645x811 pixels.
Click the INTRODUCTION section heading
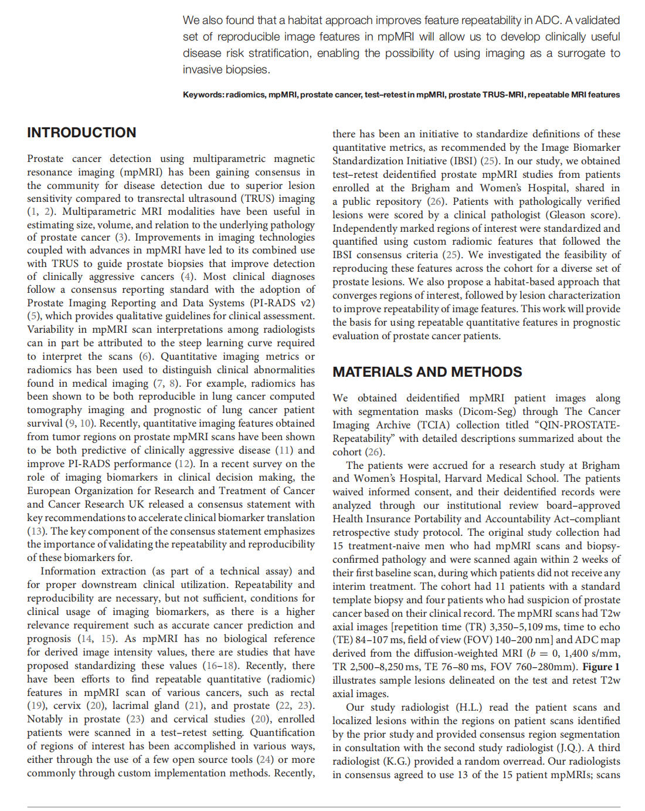(82, 133)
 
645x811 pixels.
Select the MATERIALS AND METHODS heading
(427, 372)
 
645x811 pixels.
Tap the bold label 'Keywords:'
(203, 94)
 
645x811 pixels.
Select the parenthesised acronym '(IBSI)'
(463, 161)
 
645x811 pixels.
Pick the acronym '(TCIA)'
(434, 425)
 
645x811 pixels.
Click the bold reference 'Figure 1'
(600, 667)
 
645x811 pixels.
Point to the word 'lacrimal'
(129, 705)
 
